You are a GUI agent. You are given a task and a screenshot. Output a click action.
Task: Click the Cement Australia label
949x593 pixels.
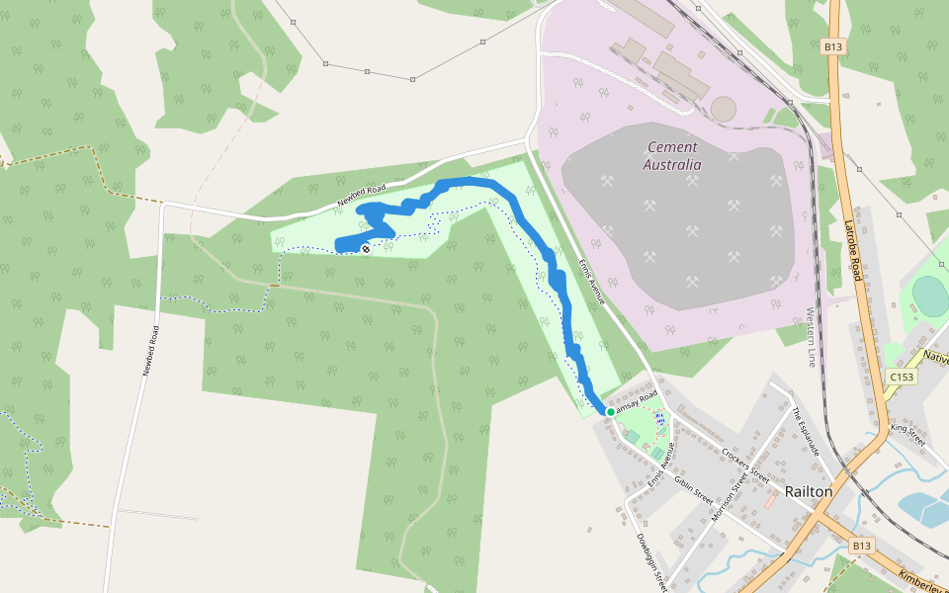tap(672, 156)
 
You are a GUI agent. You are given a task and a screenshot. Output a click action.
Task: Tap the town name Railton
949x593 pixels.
tap(808, 491)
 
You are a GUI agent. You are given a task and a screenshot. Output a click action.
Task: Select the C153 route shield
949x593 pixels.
tap(901, 377)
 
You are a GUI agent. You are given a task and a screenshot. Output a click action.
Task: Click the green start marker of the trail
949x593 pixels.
tap(610, 411)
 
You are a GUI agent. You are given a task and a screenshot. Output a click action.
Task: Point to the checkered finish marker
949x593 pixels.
tap(365, 249)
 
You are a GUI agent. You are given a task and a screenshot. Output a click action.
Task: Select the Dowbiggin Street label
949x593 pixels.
tap(648, 560)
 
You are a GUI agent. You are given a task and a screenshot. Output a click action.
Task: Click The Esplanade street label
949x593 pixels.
tap(807, 432)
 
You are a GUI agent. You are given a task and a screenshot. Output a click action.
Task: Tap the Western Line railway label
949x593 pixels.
tap(811, 336)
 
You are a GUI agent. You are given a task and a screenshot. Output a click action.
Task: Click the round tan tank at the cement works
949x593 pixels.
tap(724, 109)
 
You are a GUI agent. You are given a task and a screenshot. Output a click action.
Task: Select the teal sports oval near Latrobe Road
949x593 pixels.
tap(930, 294)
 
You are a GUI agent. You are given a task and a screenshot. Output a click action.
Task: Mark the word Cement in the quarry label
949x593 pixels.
tap(672, 147)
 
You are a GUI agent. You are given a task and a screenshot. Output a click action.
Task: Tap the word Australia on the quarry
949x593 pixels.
tap(672, 165)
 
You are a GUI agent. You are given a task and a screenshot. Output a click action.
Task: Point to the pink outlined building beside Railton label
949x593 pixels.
tap(769, 502)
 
